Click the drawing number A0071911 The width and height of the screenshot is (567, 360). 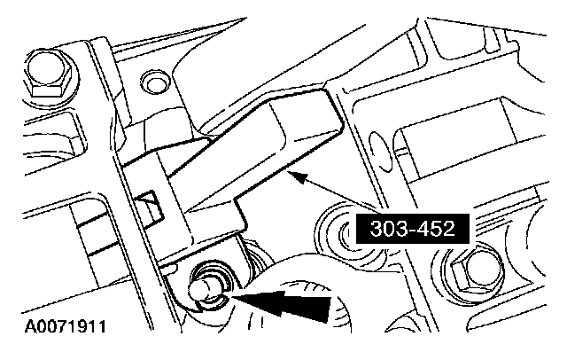[x=59, y=327]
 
